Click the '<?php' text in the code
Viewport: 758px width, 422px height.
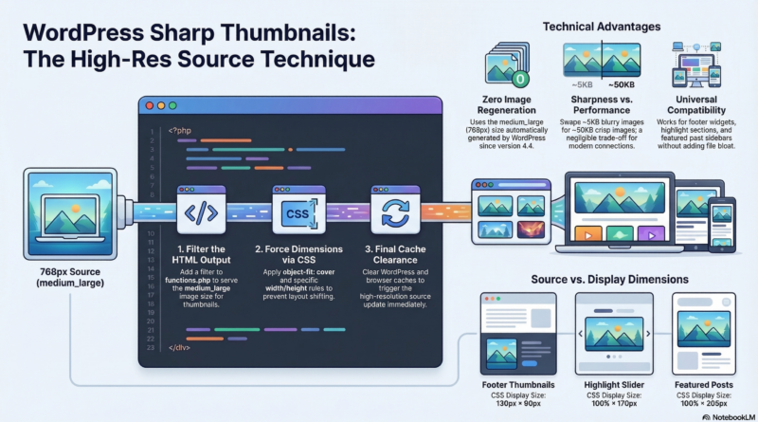point(182,130)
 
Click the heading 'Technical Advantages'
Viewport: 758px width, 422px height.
point(602,27)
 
